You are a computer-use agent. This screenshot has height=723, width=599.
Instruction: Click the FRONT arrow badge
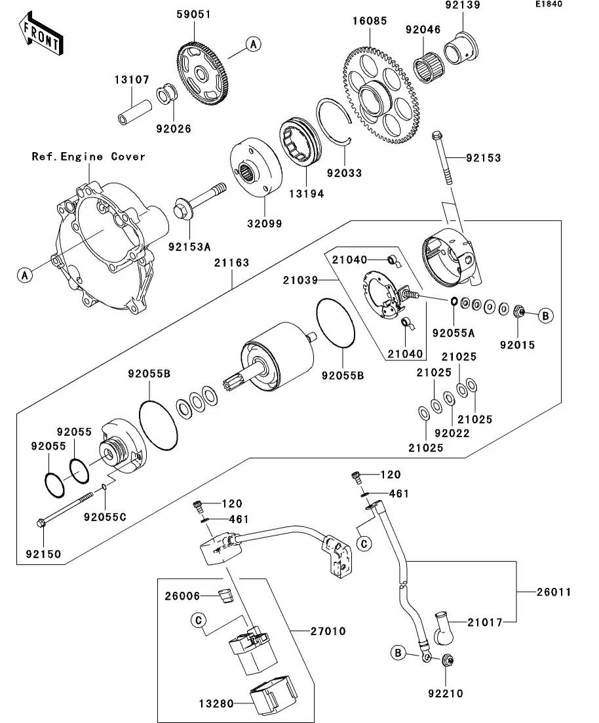tap(41, 35)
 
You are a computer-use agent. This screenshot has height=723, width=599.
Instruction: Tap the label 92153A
tap(189, 247)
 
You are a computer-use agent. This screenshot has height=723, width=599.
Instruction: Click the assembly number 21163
tap(231, 263)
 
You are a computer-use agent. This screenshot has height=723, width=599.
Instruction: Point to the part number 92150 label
tap(44, 554)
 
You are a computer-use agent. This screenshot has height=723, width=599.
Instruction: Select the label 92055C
tap(105, 517)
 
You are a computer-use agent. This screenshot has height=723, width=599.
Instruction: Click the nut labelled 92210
tap(447, 662)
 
